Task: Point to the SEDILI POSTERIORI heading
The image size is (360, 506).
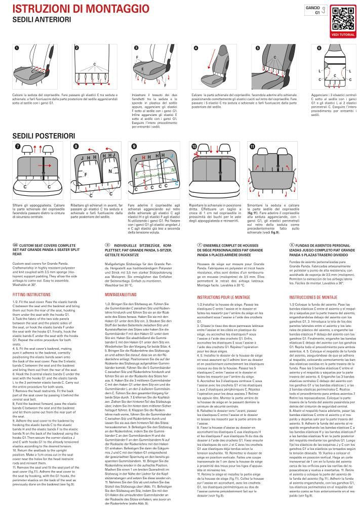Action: (44, 136)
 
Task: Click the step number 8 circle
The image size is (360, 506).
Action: (76, 146)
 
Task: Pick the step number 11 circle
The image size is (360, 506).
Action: (252, 146)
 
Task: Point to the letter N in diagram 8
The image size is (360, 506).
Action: (110, 172)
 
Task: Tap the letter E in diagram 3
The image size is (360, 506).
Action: (143, 69)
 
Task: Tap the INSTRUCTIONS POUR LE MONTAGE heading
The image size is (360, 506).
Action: (222, 298)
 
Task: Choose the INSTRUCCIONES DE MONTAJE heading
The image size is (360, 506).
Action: (313, 298)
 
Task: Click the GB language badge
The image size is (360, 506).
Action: (15, 244)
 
